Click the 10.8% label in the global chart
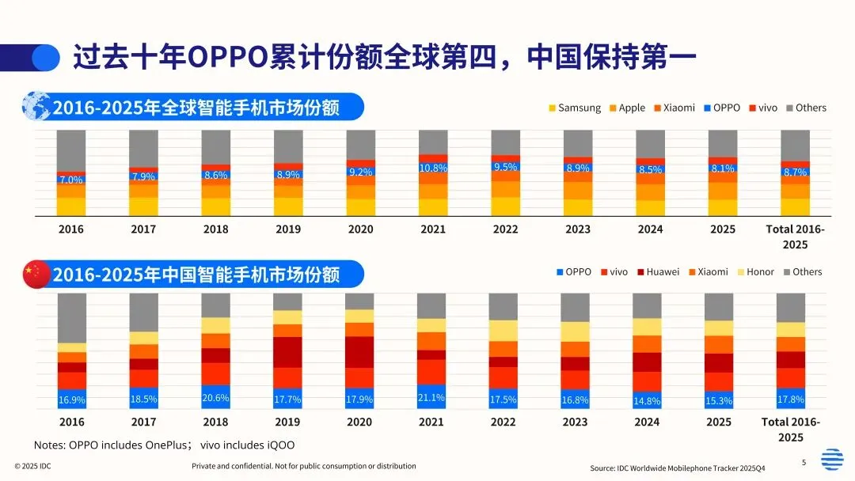click(x=433, y=168)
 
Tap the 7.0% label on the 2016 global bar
click(x=71, y=180)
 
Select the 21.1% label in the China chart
click(x=431, y=397)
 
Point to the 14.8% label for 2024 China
click(x=647, y=400)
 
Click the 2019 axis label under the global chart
click(x=288, y=229)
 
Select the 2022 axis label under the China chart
click(x=503, y=422)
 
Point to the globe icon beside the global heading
click(x=36, y=106)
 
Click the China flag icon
click(x=36, y=274)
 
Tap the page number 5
click(x=804, y=462)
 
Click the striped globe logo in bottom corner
click(x=832, y=459)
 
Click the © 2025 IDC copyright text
click(x=32, y=466)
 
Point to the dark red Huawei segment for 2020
click(x=359, y=352)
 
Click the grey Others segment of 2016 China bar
click(x=72, y=317)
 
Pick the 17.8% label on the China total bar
click(x=790, y=400)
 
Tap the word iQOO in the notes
click(x=279, y=445)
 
